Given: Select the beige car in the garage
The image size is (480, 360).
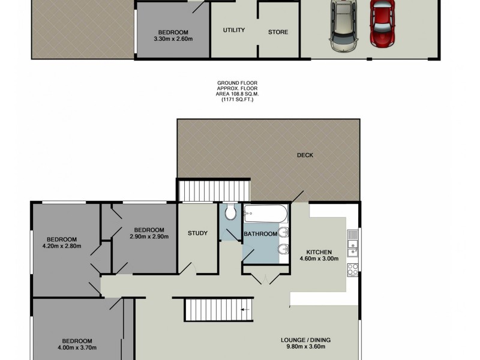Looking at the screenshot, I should (343, 27).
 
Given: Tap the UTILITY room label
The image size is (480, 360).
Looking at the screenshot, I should (233, 31).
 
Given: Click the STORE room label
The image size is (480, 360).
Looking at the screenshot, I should (278, 32).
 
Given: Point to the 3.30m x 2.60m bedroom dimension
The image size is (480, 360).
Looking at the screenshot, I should (173, 40).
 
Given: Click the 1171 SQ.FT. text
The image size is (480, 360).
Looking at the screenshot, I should (236, 100).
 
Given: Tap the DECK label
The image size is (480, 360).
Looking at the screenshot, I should (305, 155).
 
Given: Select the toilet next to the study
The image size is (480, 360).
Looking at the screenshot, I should (229, 213).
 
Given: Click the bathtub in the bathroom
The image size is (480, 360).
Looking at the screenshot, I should (266, 214).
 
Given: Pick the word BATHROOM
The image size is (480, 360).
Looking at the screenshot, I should (260, 234).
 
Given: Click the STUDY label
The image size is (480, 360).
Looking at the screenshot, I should (197, 233).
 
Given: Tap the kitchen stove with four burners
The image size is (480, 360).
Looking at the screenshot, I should (353, 269).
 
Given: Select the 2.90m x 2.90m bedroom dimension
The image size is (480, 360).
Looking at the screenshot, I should (149, 236).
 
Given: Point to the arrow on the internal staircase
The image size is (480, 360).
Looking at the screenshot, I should (244, 310).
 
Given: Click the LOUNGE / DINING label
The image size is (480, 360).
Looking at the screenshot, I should (305, 340).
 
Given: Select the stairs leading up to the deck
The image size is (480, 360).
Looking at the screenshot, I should (214, 191).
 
